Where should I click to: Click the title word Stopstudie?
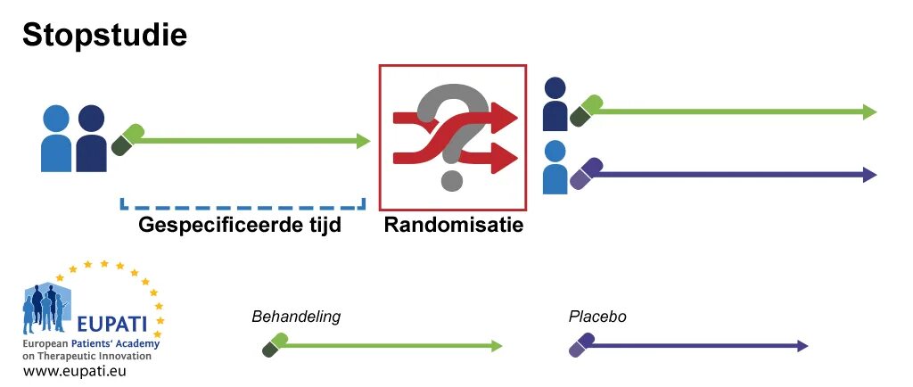pyautogui.click(x=103, y=36)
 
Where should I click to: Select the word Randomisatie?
pyautogui.click(x=453, y=225)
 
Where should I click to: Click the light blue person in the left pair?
pyautogui.click(x=56, y=138)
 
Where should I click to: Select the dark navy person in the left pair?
pyautogui.click(x=91, y=138)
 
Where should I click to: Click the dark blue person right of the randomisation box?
pyautogui.click(x=555, y=102)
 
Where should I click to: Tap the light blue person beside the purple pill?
pyautogui.click(x=555, y=168)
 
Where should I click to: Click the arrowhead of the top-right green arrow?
pyautogui.click(x=869, y=111)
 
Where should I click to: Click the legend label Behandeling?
pyautogui.click(x=296, y=317)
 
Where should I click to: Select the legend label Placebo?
pyautogui.click(x=597, y=317)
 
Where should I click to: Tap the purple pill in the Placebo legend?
pyautogui.click(x=581, y=345)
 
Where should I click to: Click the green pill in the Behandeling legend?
pyautogui.click(x=275, y=345)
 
